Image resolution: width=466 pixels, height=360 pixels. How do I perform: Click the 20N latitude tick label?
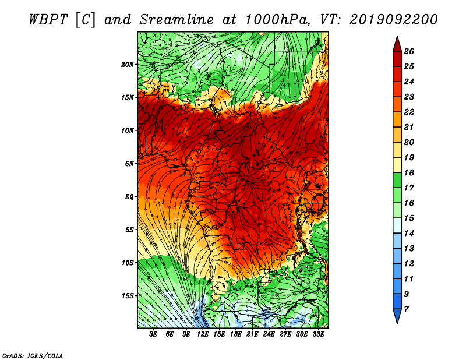[127, 65]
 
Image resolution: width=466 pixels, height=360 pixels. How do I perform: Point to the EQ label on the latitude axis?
[129, 197]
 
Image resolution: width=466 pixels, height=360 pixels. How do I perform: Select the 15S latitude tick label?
[127, 296]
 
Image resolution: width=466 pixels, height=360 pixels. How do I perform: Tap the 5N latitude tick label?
[129, 164]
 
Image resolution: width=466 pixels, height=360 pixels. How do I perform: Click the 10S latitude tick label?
[127, 263]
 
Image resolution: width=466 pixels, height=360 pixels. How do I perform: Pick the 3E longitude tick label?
[153, 334]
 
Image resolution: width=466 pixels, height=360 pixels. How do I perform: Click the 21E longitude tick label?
[252, 334]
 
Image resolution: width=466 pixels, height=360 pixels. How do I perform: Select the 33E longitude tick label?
[318, 334]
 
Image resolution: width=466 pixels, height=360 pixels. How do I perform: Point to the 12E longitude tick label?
[203, 334]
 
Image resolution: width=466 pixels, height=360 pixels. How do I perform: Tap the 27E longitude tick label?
[285, 334]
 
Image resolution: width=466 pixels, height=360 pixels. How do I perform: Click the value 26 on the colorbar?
[409, 51]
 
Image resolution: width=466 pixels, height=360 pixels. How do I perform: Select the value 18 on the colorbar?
[409, 172]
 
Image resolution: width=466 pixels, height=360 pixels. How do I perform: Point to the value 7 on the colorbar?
[406, 309]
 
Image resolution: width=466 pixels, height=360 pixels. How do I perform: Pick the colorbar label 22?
[409, 112]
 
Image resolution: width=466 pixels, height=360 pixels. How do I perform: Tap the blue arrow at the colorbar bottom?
[397, 316]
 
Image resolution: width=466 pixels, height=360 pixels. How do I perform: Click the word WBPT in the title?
[48, 20]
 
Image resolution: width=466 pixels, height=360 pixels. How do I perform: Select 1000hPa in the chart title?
[277, 20]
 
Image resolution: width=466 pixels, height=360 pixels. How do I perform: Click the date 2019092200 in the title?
[393, 20]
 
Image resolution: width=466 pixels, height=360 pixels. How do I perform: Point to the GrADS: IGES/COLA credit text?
[33, 356]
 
